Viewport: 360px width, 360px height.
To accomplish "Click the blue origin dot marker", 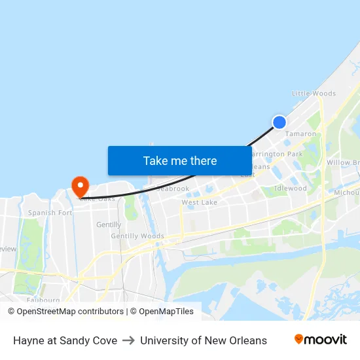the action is (x=279, y=122).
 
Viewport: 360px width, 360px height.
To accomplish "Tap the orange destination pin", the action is (x=81, y=186).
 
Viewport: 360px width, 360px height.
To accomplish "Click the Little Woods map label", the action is (x=314, y=94).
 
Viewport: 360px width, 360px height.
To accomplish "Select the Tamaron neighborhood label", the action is (x=300, y=134).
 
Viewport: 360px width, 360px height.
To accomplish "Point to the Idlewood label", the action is (x=291, y=189).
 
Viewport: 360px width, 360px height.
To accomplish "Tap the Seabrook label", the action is (x=173, y=189).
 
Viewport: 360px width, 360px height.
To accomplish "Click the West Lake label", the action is (x=199, y=203).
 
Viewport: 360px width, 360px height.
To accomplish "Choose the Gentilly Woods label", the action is (x=137, y=236).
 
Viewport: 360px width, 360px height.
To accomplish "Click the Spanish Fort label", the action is (x=50, y=213).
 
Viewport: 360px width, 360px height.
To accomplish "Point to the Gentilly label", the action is (x=109, y=225).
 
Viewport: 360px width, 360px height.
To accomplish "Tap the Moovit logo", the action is (x=321, y=340).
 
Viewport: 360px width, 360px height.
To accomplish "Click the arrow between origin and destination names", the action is (x=128, y=340).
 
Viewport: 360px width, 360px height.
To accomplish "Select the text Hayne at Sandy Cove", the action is (x=65, y=340).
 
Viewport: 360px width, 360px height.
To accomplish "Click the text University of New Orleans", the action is (x=204, y=340).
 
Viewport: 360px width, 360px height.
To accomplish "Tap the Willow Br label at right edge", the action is (x=343, y=162).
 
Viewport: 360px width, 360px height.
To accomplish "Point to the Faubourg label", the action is (x=44, y=300).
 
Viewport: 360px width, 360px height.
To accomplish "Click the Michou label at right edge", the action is (x=346, y=192).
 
